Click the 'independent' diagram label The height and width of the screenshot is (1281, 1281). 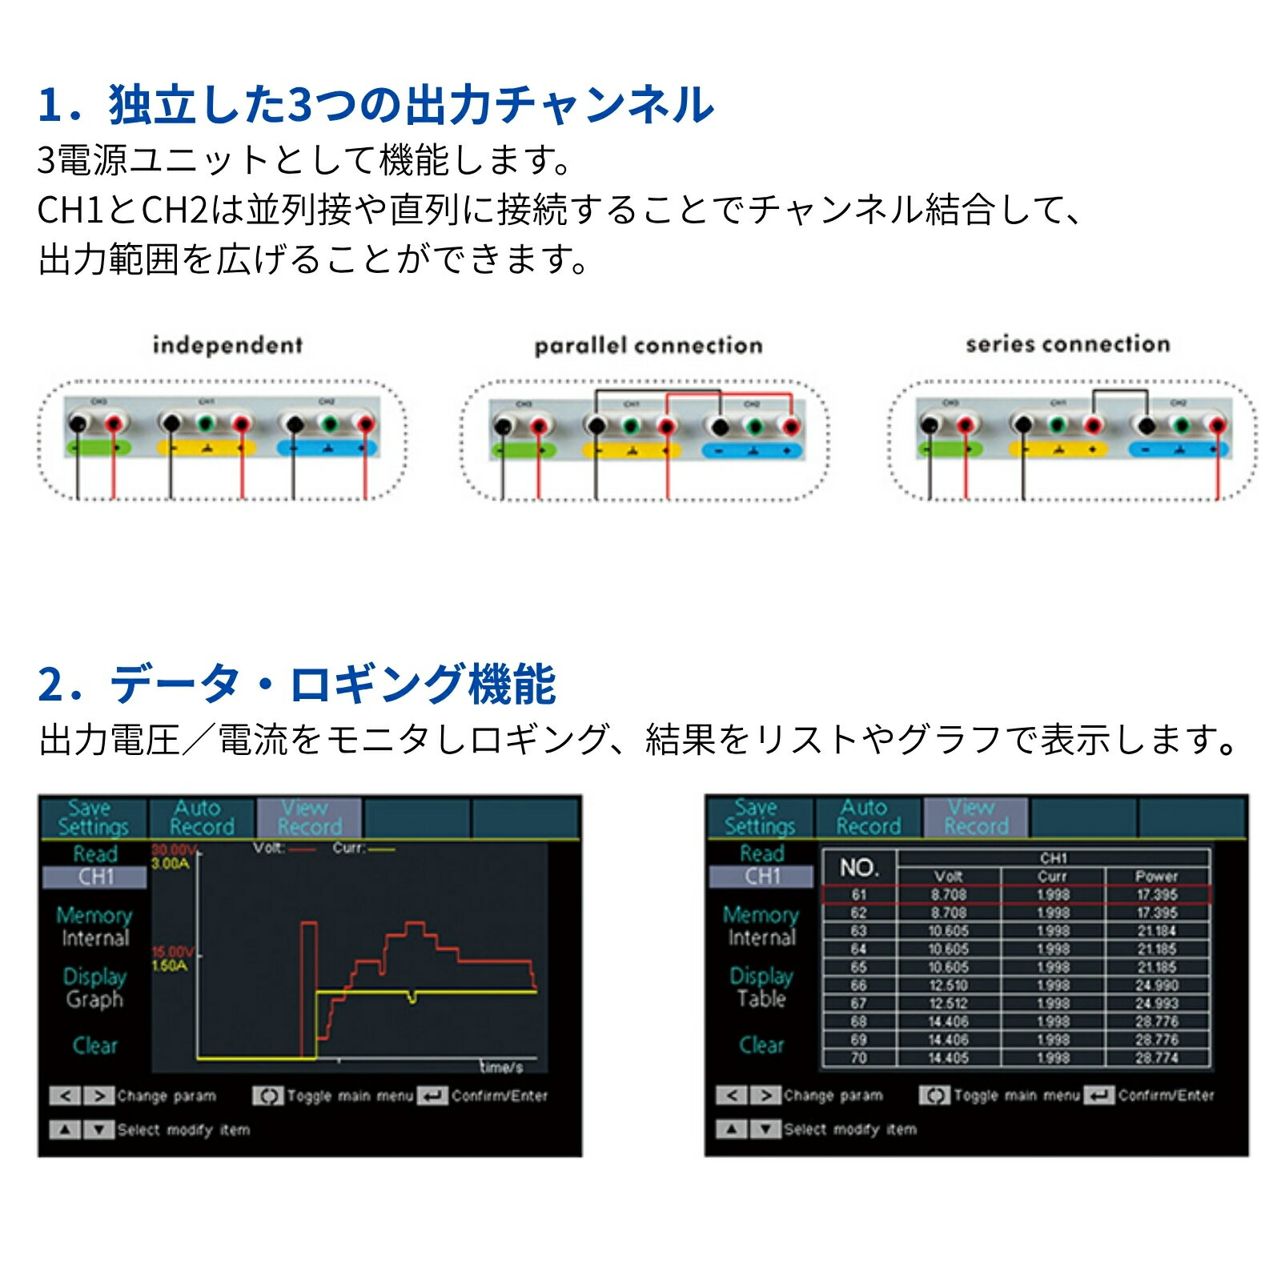(x=227, y=345)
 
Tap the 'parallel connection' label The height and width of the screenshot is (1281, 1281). (x=649, y=346)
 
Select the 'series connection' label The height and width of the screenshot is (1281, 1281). (x=1068, y=344)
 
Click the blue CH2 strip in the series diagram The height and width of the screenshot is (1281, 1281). (x=1179, y=450)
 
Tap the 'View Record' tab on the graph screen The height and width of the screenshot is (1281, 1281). (x=309, y=817)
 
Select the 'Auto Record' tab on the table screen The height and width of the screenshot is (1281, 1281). (x=868, y=817)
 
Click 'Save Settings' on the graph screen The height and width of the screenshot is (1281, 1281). (x=93, y=817)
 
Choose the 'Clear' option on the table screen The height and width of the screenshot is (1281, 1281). (x=761, y=1045)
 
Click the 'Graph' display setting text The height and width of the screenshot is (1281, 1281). (x=94, y=999)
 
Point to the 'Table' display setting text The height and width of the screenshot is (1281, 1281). (x=761, y=998)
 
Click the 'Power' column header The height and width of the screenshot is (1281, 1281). (x=1156, y=876)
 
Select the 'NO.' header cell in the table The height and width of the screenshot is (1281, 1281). (x=859, y=867)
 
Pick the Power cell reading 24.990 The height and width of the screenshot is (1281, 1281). (x=1156, y=986)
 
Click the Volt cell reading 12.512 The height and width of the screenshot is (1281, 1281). (x=948, y=1003)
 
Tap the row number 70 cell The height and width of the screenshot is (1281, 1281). (x=858, y=1058)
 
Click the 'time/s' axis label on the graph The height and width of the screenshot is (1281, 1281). (x=501, y=1067)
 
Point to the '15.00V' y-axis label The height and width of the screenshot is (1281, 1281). (x=172, y=952)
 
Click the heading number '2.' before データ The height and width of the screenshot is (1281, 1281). (x=60, y=685)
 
